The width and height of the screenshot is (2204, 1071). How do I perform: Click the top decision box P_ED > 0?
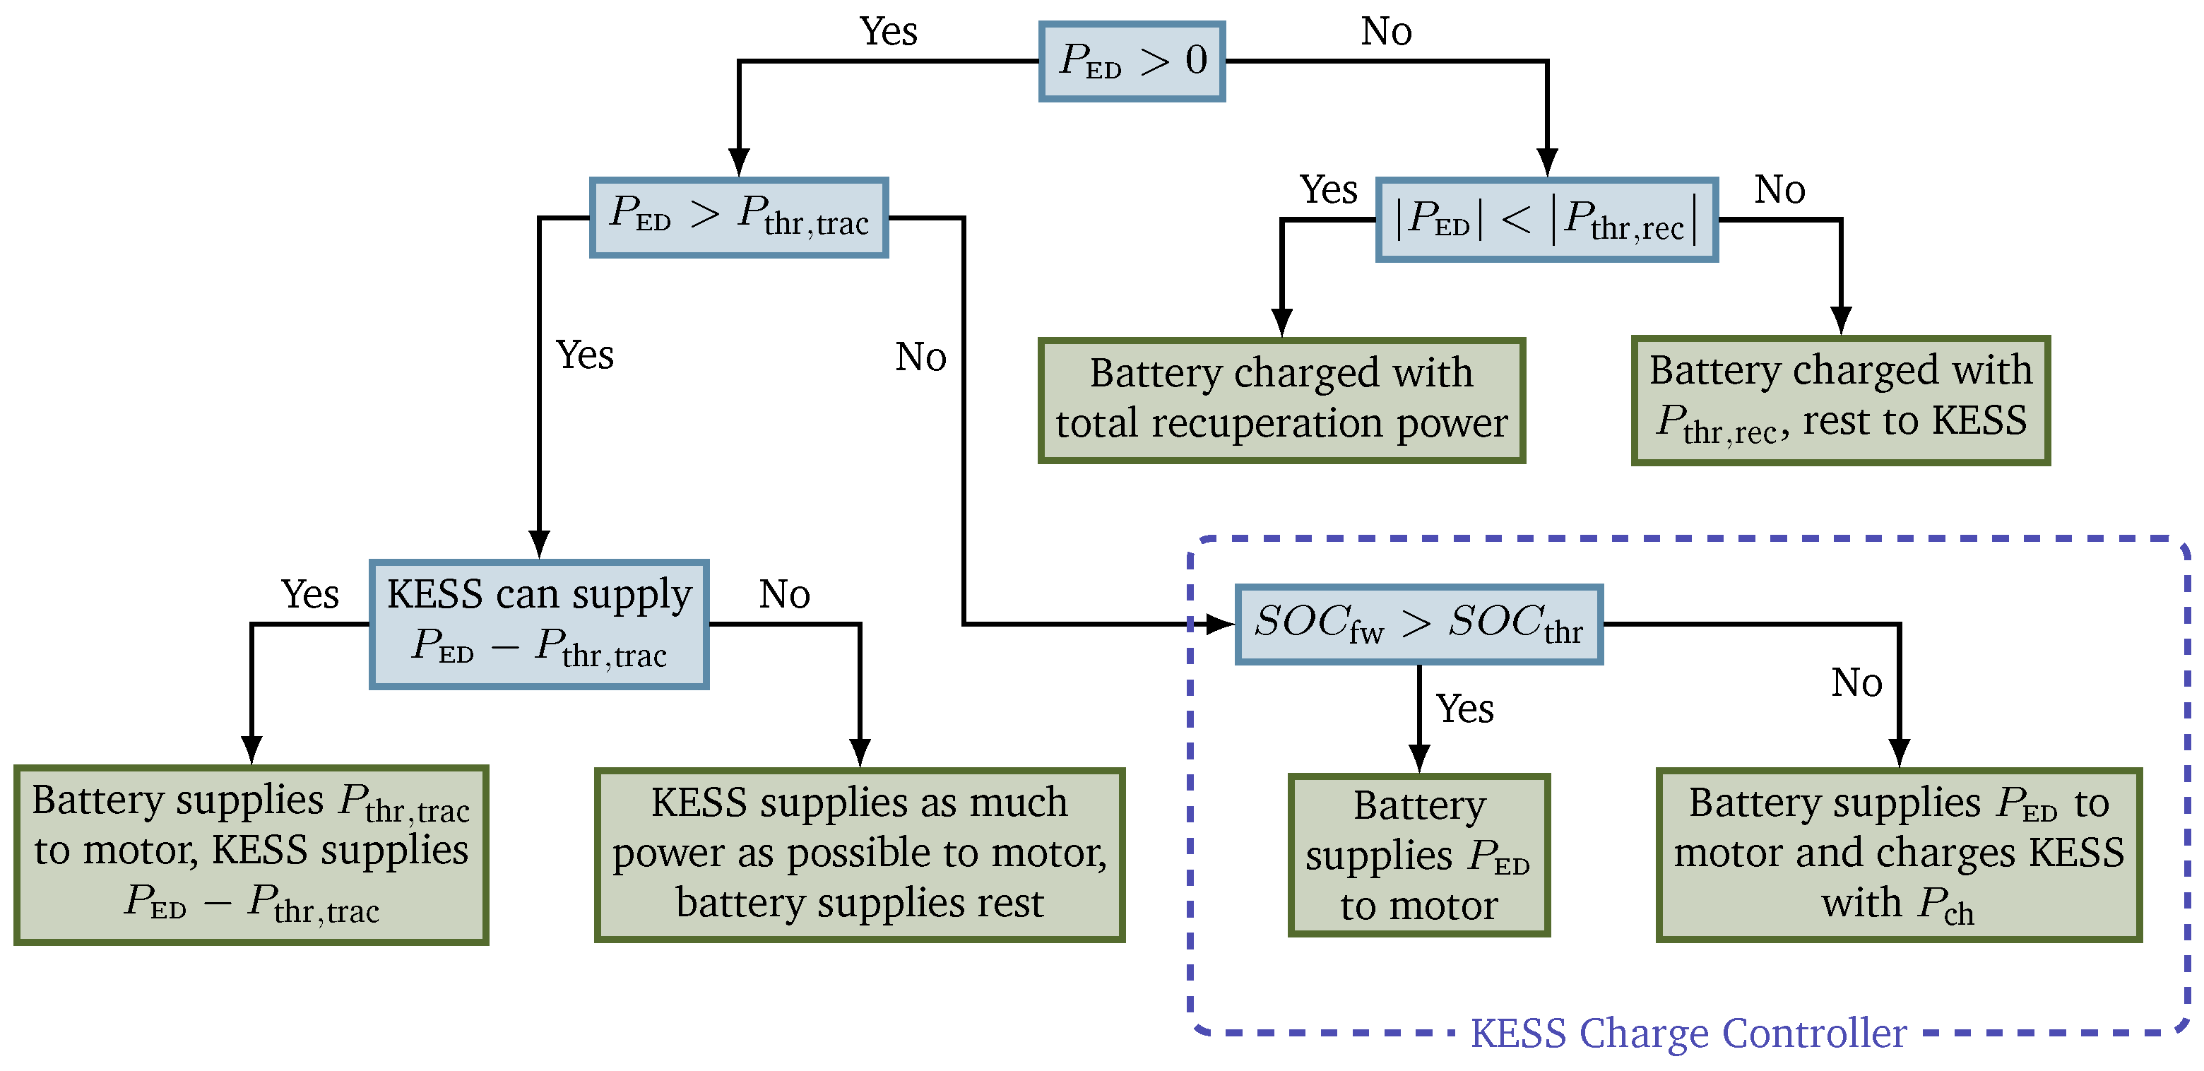pos(1131,61)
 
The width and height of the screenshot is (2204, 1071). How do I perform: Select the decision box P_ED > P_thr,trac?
pos(739,218)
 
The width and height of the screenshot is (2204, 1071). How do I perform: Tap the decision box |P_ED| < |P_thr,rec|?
pos(1547,220)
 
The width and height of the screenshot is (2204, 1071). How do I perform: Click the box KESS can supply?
pos(539,625)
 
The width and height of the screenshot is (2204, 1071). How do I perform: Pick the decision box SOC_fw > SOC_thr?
pos(1418,625)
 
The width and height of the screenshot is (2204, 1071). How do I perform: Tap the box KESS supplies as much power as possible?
pos(859,853)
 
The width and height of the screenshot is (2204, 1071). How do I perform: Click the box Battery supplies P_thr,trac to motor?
pos(251,853)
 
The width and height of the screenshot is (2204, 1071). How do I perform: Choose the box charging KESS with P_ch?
pos(1899,853)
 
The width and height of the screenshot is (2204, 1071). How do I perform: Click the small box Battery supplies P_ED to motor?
pos(1418,853)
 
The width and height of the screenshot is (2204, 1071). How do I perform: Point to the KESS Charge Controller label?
pos(1688,1034)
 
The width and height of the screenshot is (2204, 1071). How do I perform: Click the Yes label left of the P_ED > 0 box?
pos(888,32)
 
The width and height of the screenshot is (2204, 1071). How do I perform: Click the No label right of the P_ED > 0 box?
pos(1386,32)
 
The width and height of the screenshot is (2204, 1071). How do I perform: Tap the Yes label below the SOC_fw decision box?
pos(1465,709)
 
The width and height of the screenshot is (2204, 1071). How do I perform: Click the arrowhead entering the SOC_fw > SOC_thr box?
pos(1220,625)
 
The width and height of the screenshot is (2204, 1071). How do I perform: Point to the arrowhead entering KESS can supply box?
pos(539,544)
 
